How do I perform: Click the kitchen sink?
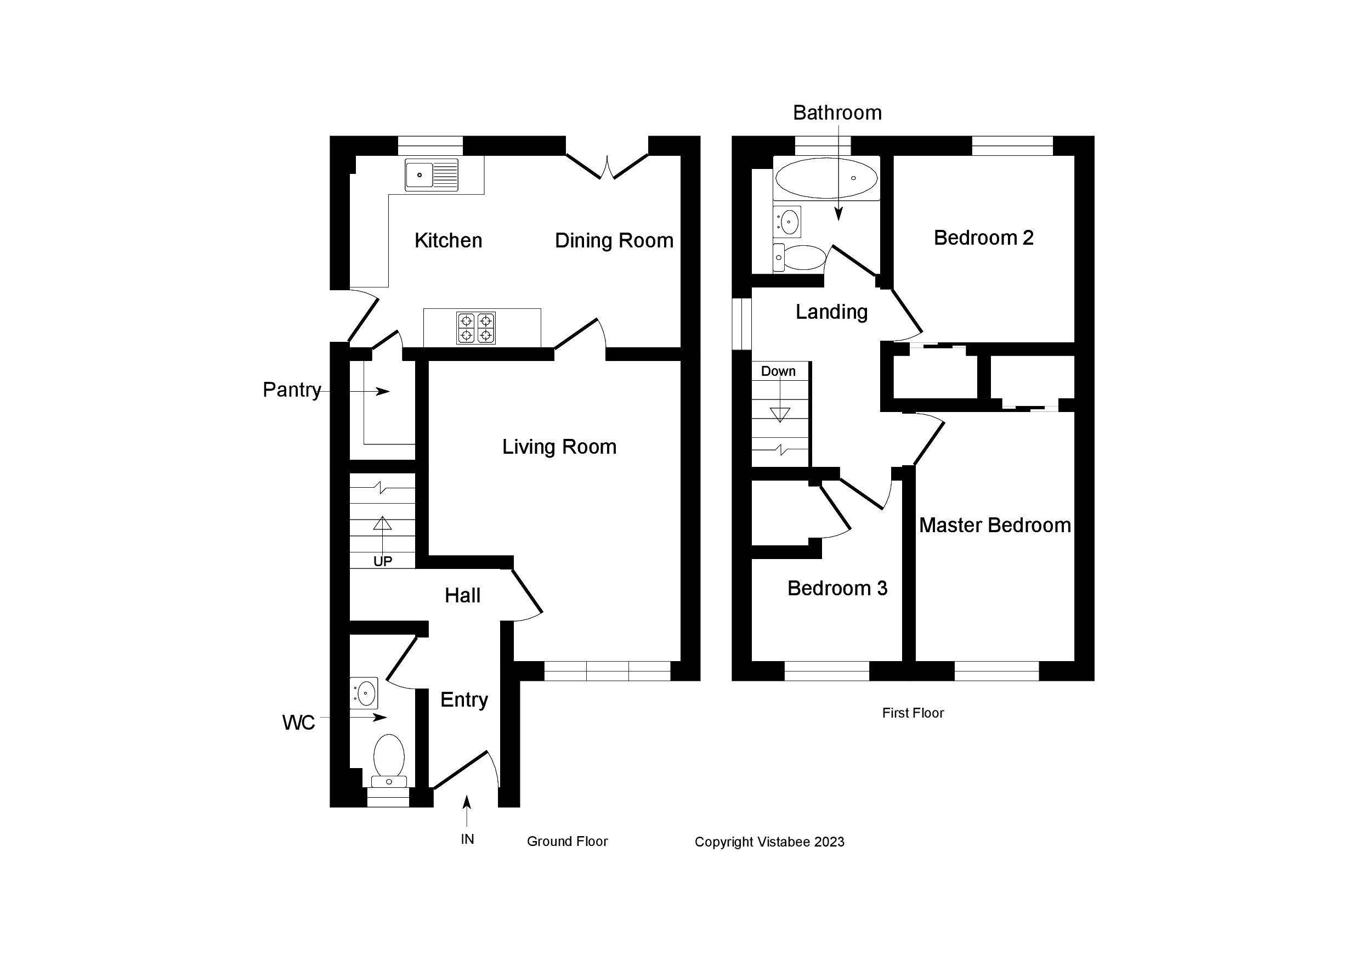431,175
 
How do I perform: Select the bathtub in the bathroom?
826,178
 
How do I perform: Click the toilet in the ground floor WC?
389,760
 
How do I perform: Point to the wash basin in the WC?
364,692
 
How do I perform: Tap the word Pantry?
291,390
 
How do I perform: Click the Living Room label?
559,447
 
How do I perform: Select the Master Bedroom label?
995,525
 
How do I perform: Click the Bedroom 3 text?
837,588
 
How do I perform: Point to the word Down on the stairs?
778,371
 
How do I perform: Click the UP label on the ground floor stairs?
383,561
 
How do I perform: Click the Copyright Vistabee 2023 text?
769,842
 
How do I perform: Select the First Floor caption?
912,713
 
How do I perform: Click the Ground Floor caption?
567,841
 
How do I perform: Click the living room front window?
607,671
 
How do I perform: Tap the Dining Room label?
614,241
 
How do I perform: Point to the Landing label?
831,312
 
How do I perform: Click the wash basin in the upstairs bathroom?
787,222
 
